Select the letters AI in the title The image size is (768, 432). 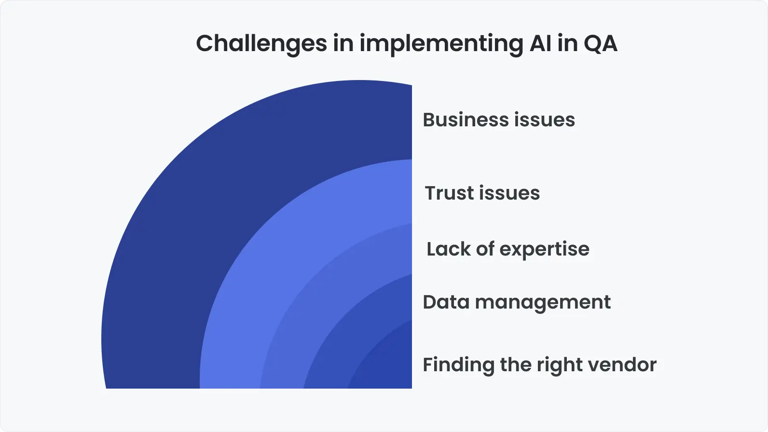coord(540,43)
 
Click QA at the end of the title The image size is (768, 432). coord(600,43)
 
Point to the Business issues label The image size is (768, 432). coord(498,120)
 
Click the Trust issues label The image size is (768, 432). coord(482,193)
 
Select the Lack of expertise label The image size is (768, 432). coord(507,249)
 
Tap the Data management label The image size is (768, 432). coord(516,302)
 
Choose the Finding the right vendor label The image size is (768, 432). coord(539,364)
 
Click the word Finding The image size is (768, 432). coord(458,364)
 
